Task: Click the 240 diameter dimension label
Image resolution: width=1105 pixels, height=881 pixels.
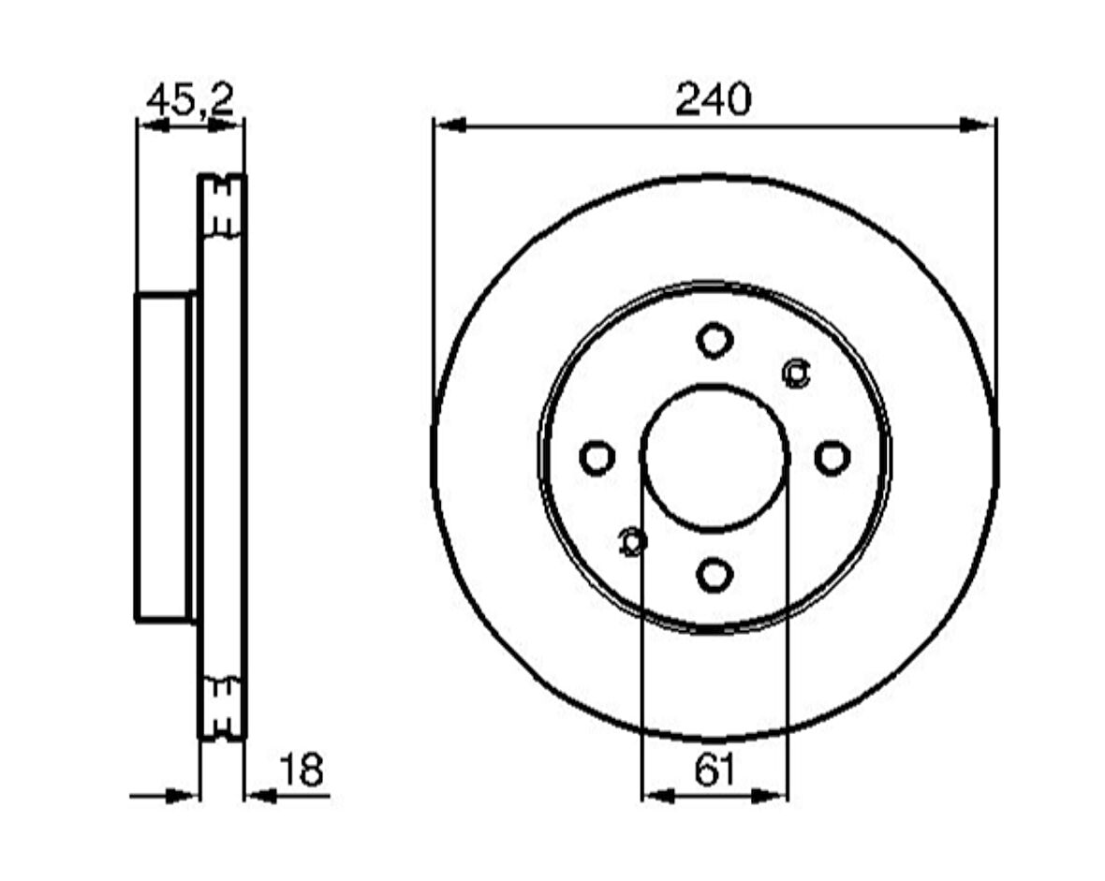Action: point(714,99)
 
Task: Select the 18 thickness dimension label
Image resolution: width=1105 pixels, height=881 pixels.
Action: point(302,770)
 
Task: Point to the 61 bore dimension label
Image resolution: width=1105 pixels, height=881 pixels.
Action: point(715,770)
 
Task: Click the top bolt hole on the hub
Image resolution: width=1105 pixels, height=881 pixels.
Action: point(715,341)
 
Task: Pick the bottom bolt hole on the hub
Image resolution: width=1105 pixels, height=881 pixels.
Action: point(715,575)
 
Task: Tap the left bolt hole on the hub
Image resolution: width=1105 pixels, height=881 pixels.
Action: point(597,458)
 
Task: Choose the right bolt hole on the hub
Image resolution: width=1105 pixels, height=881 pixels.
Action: point(832,457)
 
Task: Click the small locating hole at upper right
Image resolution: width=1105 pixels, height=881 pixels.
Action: point(796,372)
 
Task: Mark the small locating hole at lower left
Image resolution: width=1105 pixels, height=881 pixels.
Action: point(632,541)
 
